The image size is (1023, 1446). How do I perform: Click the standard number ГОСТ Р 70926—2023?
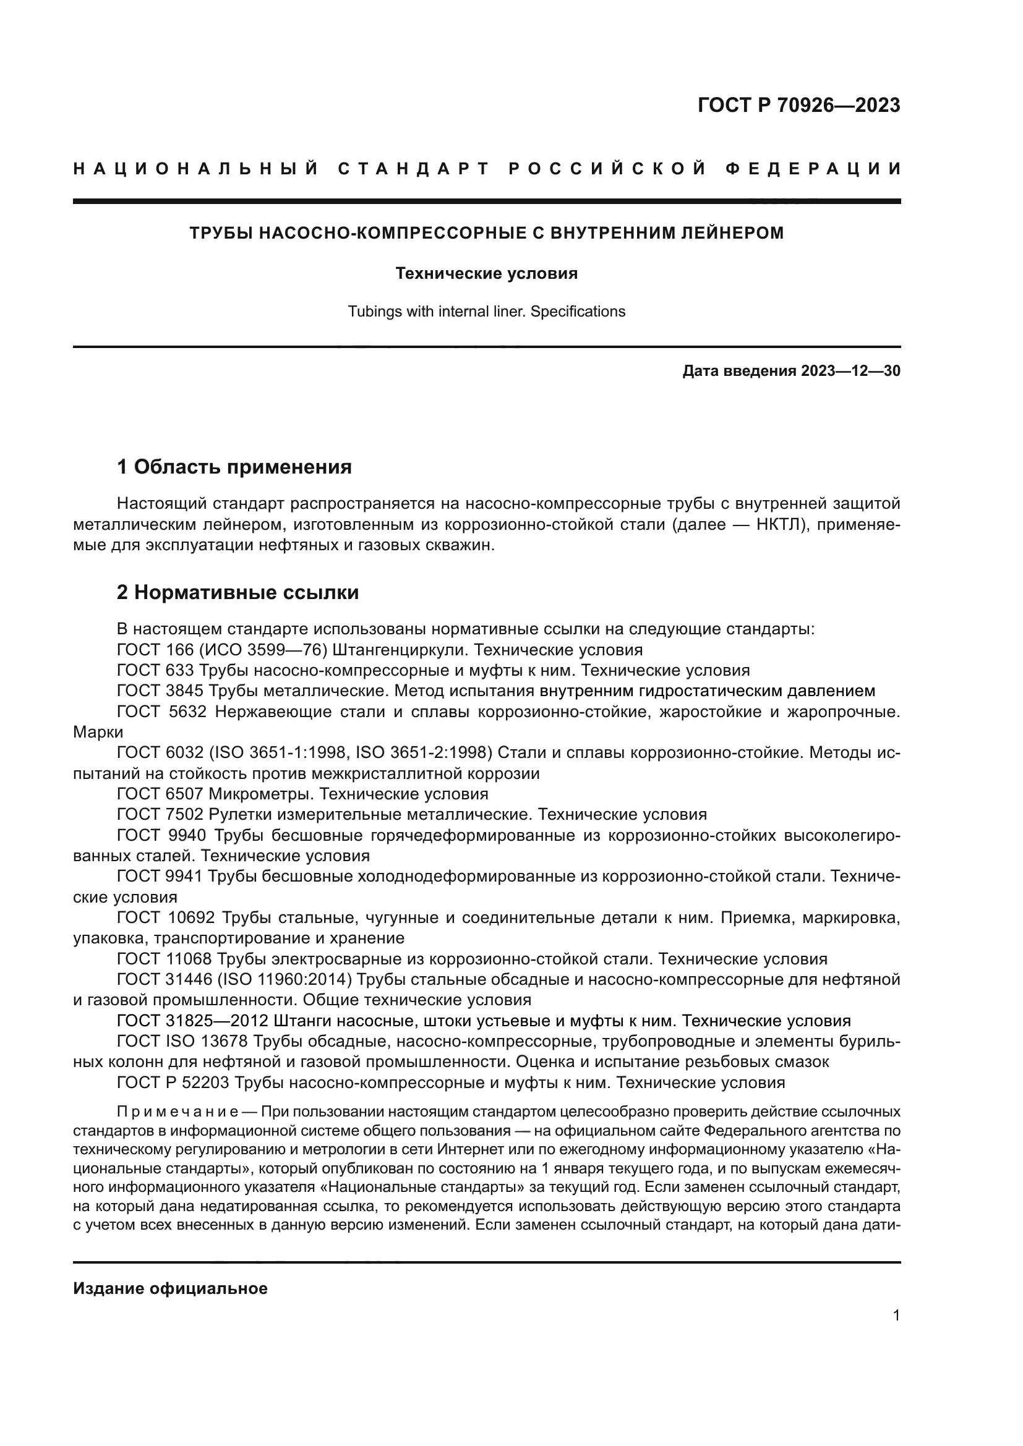click(798, 105)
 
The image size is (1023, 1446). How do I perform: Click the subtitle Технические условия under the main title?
click(486, 273)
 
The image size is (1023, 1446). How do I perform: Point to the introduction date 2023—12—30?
click(850, 371)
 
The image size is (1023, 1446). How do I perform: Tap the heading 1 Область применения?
click(234, 467)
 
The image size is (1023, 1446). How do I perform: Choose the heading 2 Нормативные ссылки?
click(238, 592)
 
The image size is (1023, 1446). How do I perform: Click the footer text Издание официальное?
click(170, 1288)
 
